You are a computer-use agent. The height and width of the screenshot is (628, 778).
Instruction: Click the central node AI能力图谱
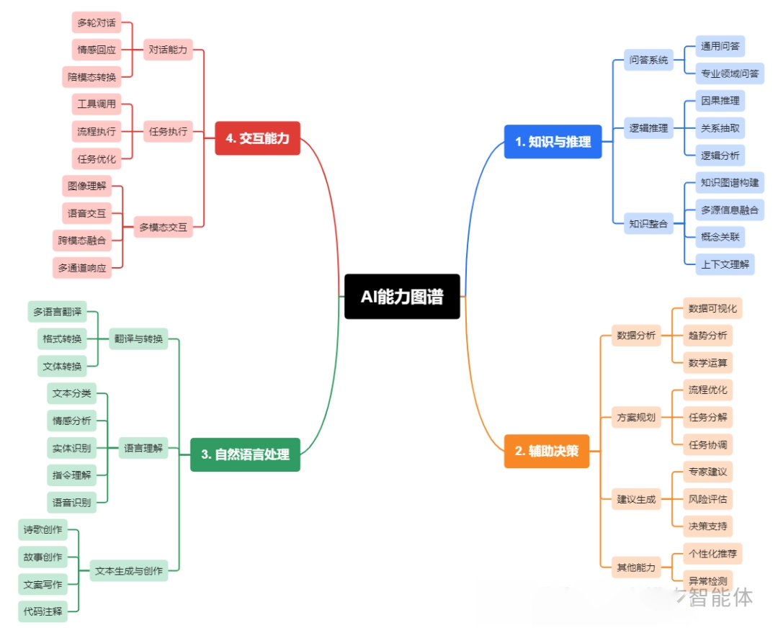point(402,296)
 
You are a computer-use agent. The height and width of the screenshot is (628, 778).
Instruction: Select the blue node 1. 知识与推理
point(553,142)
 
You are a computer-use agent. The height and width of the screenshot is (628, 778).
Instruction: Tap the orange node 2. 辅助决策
point(546,452)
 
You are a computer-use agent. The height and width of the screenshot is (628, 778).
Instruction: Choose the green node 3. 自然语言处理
point(245,454)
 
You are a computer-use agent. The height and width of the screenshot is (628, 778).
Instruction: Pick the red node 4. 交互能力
point(257,138)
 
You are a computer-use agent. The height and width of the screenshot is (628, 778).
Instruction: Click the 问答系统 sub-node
point(648,60)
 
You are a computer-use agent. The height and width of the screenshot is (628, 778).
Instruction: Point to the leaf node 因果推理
point(720,101)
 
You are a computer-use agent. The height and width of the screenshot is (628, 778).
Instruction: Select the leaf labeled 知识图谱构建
point(730,183)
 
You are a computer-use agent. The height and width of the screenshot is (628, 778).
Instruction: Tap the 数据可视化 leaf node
point(712,308)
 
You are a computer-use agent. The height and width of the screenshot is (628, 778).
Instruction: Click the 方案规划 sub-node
point(636,417)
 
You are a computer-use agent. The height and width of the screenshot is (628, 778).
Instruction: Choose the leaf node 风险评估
point(707,498)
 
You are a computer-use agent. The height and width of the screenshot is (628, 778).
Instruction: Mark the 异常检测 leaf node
point(707,580)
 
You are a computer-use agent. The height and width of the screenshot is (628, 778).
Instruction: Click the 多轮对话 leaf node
point(97,22)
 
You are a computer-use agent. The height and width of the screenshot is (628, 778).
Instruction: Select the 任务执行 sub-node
point(168,131)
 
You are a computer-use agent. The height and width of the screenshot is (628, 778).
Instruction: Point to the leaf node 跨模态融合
point(82,241)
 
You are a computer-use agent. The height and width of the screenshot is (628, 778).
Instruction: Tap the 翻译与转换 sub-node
point(138,338)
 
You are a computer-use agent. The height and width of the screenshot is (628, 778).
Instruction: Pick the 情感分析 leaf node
point(71,421)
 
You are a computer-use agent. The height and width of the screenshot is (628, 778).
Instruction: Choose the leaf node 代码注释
point(43,612)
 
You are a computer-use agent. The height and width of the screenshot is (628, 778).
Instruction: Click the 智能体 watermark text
point(720,597)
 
